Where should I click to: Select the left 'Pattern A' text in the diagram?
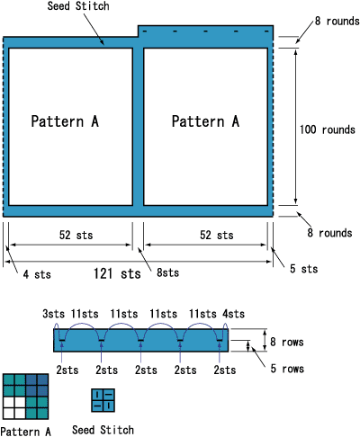pos(64,121)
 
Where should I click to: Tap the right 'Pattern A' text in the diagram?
pos(205,121)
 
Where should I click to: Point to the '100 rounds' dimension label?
pos(328,129)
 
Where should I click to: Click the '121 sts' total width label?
pos(117,272)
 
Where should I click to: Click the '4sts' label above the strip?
pos(231,313)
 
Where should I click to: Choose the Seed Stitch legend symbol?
pos(103,400)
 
